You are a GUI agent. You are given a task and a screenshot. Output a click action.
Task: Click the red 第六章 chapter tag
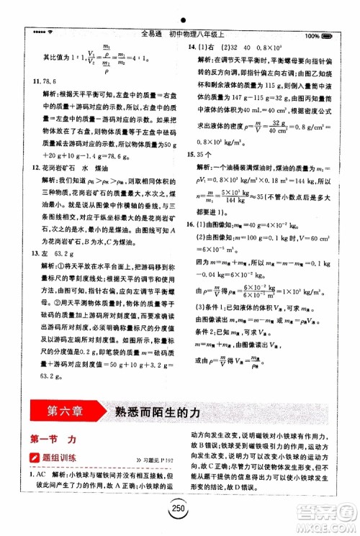click(x=59, y=412)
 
